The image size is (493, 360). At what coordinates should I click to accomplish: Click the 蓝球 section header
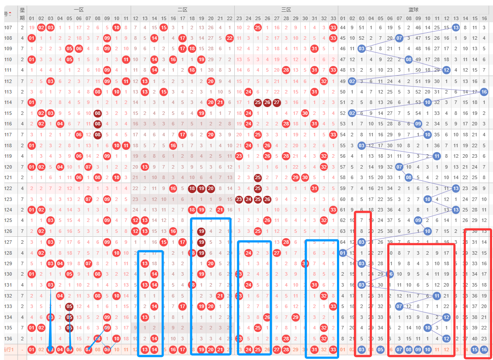tap(413, 9)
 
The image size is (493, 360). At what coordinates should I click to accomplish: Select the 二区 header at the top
tap(182, 9)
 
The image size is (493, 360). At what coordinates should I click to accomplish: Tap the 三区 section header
tap(286, 9)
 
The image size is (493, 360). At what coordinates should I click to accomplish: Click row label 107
tap(8, 28)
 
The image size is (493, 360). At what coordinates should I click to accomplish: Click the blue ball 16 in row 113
tap(484, 92)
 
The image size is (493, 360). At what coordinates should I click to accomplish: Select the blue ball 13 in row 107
tap(455, 28)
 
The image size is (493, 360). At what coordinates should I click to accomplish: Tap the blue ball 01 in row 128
tap(343, 253)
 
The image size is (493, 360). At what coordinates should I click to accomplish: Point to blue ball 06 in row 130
tap(390, 274)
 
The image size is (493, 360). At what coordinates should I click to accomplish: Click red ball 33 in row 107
tap(333, 28)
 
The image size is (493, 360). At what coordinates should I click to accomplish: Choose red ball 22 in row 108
tap(229, 38)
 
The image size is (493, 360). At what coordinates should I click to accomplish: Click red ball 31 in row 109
tap(314, 48)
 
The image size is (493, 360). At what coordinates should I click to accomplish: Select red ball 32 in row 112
tap(323, 81)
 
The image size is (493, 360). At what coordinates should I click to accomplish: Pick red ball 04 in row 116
tap(60, 124)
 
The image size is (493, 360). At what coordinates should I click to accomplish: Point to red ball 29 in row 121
tap(295, 177)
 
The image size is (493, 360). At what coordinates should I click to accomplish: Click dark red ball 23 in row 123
tap(239, 199)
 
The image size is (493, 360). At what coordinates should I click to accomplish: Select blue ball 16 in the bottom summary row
tap(484, 349)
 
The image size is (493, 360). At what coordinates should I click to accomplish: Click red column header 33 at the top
tap(333, 18)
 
